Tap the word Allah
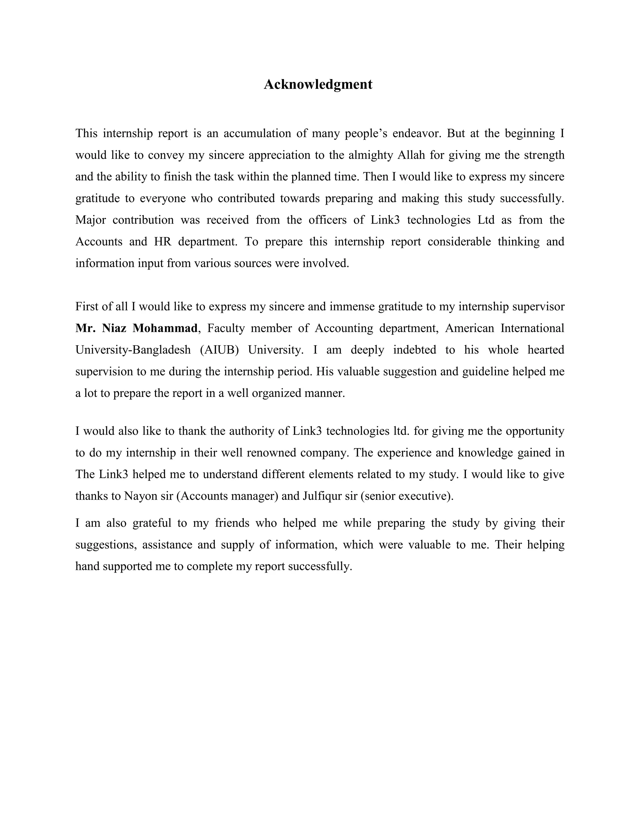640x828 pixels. (x=411, y=155)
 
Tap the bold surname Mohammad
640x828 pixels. (x=165, y=328)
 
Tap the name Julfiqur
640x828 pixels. (x=322, y=496)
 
